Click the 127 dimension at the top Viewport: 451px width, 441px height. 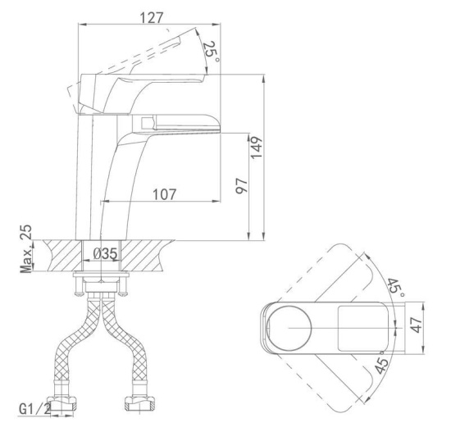point(152,18)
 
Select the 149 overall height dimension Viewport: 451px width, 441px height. point(257,148)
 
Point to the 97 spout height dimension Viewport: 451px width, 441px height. point(241,186)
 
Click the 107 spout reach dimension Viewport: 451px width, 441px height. point(164,194)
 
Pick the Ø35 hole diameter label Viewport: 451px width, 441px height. point(106,254)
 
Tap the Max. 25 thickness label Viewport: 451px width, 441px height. point(26,249)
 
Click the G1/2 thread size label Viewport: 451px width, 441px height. point(35,408)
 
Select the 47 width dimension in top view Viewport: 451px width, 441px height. point(417,325)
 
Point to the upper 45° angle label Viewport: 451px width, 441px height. point(397,289)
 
